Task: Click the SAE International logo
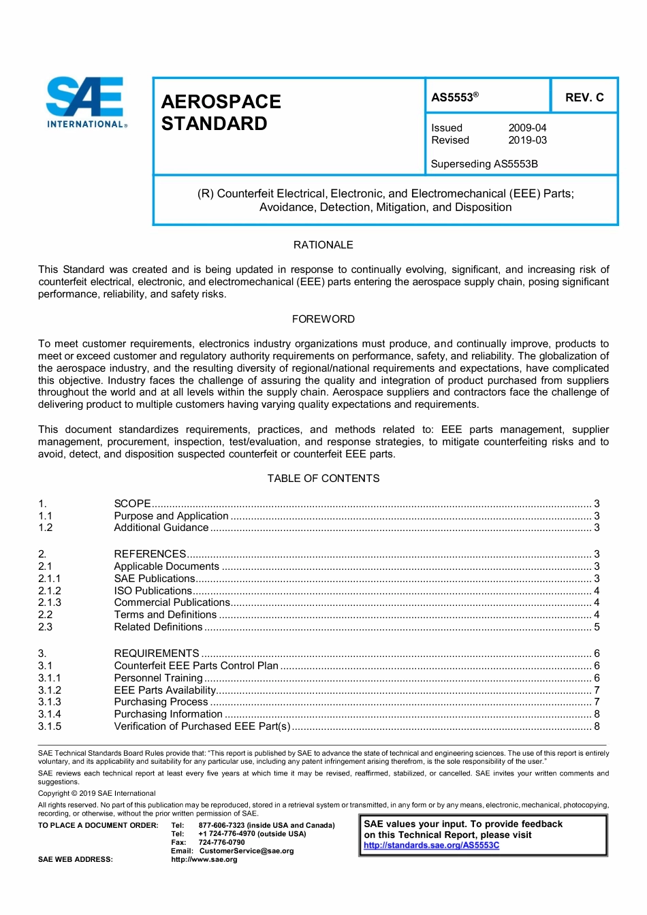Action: click(x=86, y=102)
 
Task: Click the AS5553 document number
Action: click(x=454, y=97)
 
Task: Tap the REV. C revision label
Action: click(x=584, y=97)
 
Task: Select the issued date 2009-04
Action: click(x=527, y=128)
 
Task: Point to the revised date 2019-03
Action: click(x=527, y=140)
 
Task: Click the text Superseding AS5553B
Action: click(x=484, y=164)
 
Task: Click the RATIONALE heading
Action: click(x=323, y=245)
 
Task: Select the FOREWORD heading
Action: click(x=323, y=319)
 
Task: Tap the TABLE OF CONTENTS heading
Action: click(x=323, y=479)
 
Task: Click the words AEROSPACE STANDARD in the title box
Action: click(x=221, y=113)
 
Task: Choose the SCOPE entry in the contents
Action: click(x=132, y=504)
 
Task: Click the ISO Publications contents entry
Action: click(x=153, y=591)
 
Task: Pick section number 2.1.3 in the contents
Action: click(x=50, y=603)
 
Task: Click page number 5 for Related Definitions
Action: click(x=597, y=627)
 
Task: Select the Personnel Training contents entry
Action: click(x=158, y=678)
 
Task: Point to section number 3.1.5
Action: click(x=50, y=726)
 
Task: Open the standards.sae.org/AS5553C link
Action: click(x=431, y=846)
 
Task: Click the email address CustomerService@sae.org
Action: click(x=247, y=851)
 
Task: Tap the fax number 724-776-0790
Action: click(x=221, y=842)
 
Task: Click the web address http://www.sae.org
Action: click(x=204, y=860)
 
